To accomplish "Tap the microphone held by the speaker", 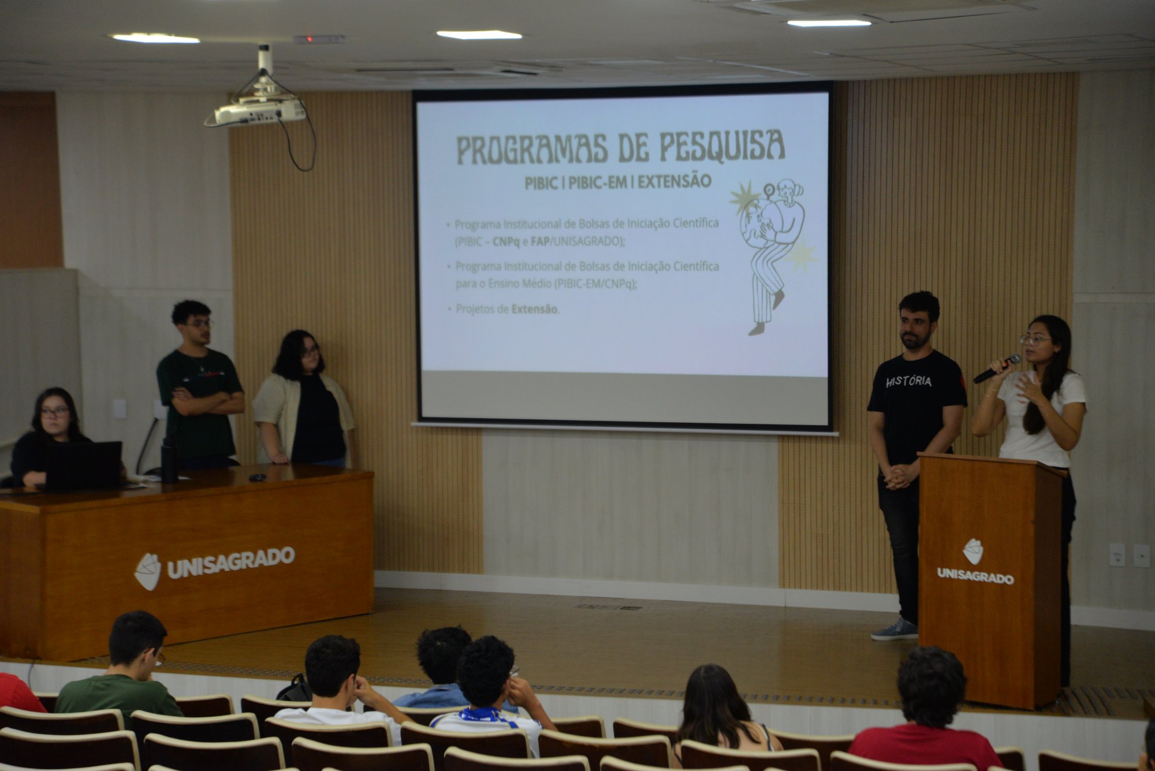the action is pyautogui.click(x=997, y=368).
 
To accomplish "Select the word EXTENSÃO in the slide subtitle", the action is pyautogui.click(x=675, y=181).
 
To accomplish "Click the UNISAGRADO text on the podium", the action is pyautogui.click(x=975, y=576).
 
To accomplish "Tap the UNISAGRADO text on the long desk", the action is pyautogui.click(x=231, y=562).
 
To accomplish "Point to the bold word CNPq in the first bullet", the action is pyautogui.click(x=506, y=241).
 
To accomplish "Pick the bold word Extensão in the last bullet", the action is pyautogui.click(x=534, y=309).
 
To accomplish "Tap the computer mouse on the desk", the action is pyautogui.click(x=257, y=477).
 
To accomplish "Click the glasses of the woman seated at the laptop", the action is pyautogui.click(x=55, y=412).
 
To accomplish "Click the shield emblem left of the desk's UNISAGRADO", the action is pyautogui.click(x=148, y=571).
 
